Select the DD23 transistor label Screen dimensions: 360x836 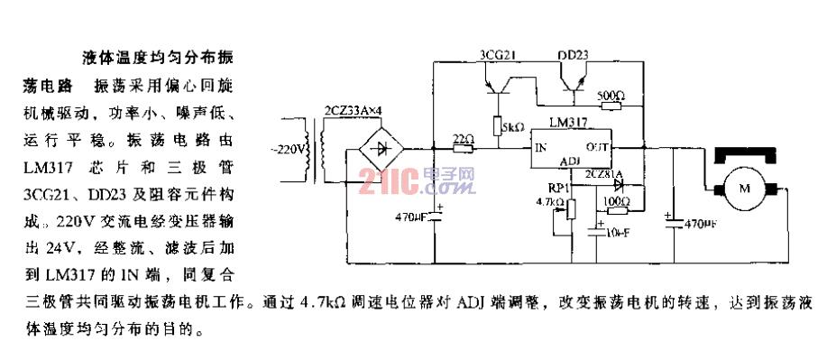573,56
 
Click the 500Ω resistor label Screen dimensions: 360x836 610,94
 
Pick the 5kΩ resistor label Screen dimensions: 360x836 512,127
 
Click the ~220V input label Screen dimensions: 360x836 289,147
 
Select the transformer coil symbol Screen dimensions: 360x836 317,149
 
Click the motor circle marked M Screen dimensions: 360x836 744,189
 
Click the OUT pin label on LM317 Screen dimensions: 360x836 597,146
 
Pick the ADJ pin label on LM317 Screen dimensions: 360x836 570,160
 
